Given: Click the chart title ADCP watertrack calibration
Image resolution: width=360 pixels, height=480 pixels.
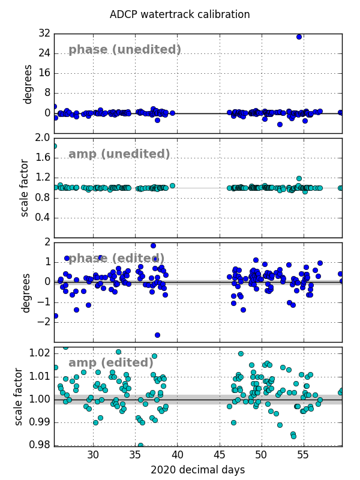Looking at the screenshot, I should click(x=179, y=14).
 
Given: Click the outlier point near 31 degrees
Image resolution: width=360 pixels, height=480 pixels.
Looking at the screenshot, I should click(x=299, y=37).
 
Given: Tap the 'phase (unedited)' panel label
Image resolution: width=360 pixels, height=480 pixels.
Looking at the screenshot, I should click(x=125, y=50).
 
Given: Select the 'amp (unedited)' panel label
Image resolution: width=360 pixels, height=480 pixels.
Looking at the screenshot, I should click(x=119, y=154).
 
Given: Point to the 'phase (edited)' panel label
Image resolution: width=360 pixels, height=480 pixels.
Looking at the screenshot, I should click(x=116, y=259).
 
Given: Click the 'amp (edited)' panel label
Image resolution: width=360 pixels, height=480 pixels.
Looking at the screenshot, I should click(x=111, y=363).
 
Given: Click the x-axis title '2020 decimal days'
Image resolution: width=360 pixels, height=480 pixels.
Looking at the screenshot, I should click(x=197, y=470).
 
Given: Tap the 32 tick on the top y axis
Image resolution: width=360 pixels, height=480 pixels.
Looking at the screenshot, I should click(x=44, y=33).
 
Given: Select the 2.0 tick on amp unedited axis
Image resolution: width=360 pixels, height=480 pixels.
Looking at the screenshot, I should click(x=43, y=137).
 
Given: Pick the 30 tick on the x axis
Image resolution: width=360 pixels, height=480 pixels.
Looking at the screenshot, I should click(x=93, y=455).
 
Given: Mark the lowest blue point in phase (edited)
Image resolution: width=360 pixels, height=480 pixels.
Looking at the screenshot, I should click(x=157, y=335).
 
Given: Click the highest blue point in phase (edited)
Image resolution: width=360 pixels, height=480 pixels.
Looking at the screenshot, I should click(x=153, y=245).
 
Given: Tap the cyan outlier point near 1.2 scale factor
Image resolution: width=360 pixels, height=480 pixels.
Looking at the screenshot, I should click(x=299, y=178).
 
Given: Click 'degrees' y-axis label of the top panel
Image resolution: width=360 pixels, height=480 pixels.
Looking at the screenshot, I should click(x=28, y=84).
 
